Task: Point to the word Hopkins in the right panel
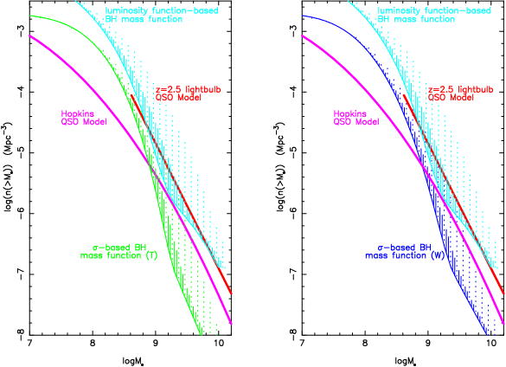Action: pyautogui.click(x=349, y=113)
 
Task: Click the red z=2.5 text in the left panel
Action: pyautogui.click(x=165, y=89)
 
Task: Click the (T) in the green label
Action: pyautogui.click(x=151, y=256)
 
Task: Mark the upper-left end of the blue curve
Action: pyautogui.click(x=303, y=16)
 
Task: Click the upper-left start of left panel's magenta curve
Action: pyautogui.click(x=29, y=35)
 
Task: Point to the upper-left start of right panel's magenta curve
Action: pyautogui.click(x=303, y=35)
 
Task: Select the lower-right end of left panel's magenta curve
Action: pyautogui.click(x=232, y=325)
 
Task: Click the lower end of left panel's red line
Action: pyautogui.click(x=230, y=293)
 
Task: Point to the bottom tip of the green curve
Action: pyautogui.click(x=202, y=334)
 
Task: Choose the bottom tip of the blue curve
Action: pyautogui.click(x=475, y=334)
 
